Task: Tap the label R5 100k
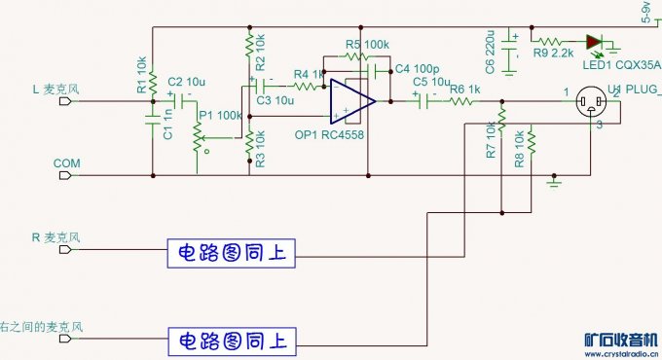coord(367,45)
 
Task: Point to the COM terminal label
coord(67,164)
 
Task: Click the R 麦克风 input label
coord(55,237)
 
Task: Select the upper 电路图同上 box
coord(230,252)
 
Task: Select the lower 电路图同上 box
coord(230,341)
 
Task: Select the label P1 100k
coord(220,115)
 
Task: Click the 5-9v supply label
coord(645,12)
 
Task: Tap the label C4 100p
coord(418,69)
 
